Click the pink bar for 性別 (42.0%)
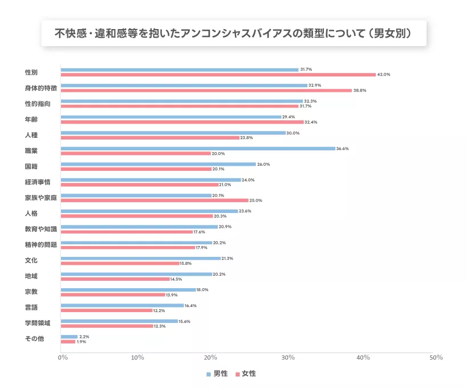coord(218,75)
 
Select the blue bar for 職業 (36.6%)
coord(198,149)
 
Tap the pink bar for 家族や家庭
coord(155,200)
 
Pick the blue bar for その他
coord(69,337)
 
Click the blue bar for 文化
coord(140,259)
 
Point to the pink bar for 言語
coord(107,310)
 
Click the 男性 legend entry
coord(217,374)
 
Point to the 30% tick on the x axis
coord(288,358)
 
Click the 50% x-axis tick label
coord(436,358)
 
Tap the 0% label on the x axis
coord(63,358)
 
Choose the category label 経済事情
coord(39,182)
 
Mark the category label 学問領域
coord(38,324)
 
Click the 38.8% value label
coord(360,91)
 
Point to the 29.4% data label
coord(289,117)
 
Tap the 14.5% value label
coord(176,279)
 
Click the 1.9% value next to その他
coord(82,342)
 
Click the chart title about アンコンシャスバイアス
coord(233,34)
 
